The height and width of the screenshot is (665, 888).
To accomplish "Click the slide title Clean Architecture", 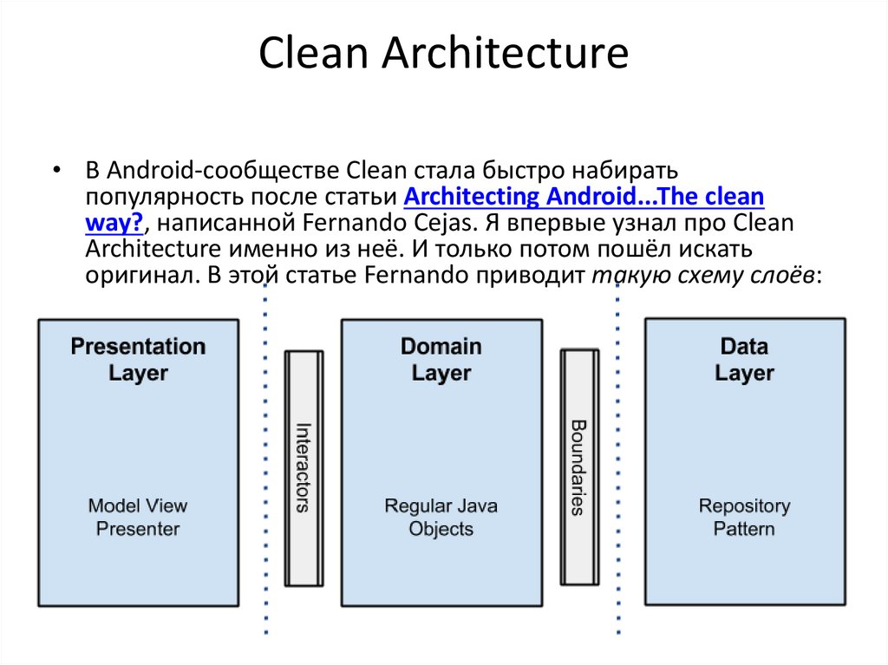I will (x=443, y=53).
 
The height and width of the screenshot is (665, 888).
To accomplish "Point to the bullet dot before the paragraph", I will (x=56, y=169).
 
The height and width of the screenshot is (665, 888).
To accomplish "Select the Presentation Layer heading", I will (x=138, y=360).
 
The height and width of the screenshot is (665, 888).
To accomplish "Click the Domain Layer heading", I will (x=441, y=360).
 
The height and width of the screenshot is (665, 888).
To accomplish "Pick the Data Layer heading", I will (x=744, y=360).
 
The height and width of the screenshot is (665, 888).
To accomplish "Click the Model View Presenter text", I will (x=138, y=517).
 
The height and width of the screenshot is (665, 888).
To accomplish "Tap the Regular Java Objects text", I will (x=441, y=517).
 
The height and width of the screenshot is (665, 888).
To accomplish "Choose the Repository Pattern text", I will (x=744, y=517).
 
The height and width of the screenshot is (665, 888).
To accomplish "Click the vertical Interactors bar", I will (x=304, y=467).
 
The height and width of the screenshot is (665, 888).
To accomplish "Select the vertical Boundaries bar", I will (x=579, y=467).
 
